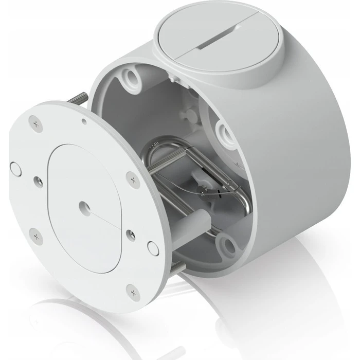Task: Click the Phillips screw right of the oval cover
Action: click(x=133, y=179)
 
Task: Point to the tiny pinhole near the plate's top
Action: click(x=84, y=122)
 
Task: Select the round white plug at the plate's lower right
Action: click(x=152, y=248)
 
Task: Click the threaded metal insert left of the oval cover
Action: click(x=38, y=181)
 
